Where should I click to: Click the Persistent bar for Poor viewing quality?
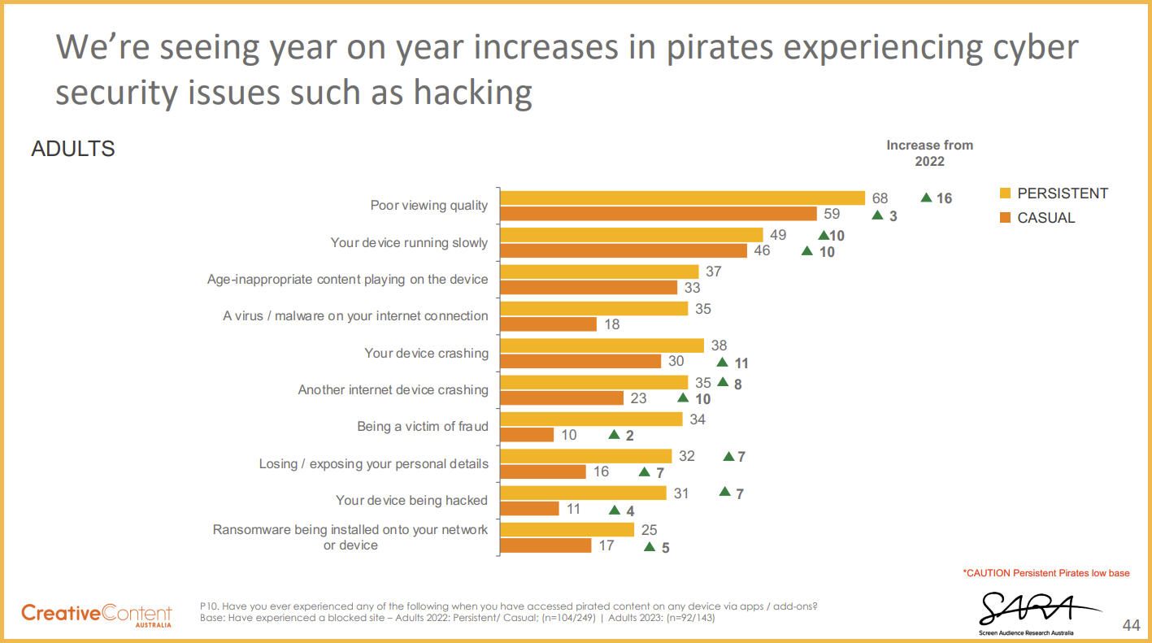point(682,198)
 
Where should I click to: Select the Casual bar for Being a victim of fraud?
point(527,435)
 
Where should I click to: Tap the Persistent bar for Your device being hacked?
point(583,493)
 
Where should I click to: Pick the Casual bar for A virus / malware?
point(548,324)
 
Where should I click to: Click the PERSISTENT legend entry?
point(1054,193)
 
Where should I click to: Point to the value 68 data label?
point(880,198)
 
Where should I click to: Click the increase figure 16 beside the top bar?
point(943,198)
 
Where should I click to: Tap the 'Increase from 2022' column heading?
point(929,153)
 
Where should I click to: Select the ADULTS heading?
point(73,150)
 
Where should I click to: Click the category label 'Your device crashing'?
point(426,354)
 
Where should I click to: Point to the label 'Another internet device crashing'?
point(393,390)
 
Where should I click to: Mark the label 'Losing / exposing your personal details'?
point(373,464)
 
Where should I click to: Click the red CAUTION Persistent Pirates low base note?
point(1046,573)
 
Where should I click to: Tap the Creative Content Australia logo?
point(97,614)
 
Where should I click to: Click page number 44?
point(1131,625)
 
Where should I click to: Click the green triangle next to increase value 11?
point(722,363)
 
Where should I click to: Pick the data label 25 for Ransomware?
point(649,530)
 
